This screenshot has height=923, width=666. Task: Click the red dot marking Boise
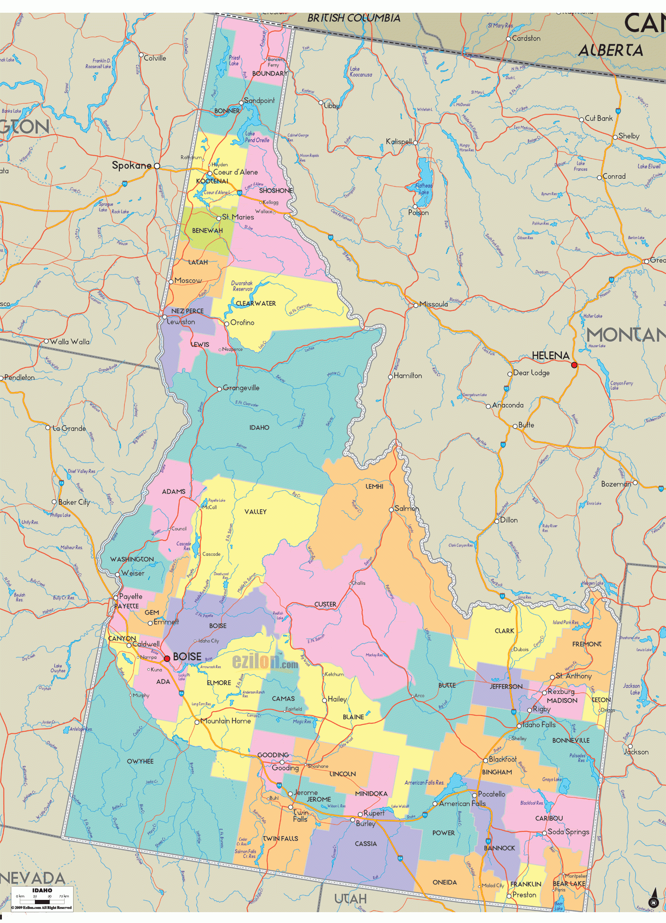tap(167, 658)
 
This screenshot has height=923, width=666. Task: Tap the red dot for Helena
tap(574, 365)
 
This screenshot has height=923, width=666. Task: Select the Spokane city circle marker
tap(157, 166)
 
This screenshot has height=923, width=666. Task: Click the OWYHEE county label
tap(140, 761)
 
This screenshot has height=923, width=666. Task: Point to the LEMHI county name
tap(375, 486)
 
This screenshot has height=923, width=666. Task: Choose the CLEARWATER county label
tap(256, 303)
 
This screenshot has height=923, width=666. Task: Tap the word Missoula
tap(433, 304)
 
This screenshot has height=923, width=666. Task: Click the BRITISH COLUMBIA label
tap(353, 18)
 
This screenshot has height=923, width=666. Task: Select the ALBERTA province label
tap(610, 50)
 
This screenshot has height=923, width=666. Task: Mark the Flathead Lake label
tap(424, 189)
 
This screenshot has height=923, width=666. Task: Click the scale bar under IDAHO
tap(42, 902)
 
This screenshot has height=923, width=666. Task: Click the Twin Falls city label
tap(300, 815)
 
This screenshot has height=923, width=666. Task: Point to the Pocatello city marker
tap(475, 795)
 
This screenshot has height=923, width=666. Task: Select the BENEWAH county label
tap(207, 230)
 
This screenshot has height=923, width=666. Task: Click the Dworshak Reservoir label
tap(242, 286)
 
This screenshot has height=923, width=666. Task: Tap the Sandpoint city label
tap(259, 101)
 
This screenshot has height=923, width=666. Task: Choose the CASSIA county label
tap(366, 843)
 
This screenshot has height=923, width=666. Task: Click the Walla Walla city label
tap(69, 342)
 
